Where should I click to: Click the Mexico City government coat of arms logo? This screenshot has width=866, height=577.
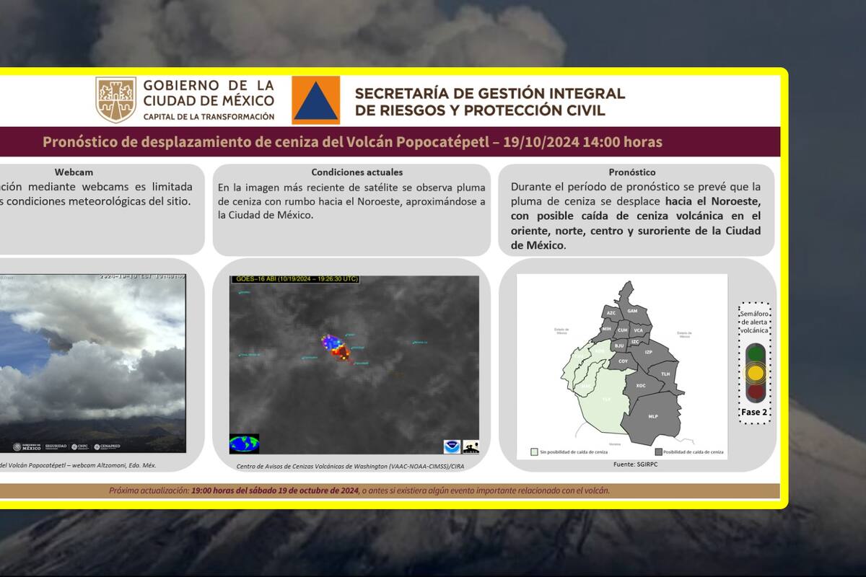(x=115, y=100)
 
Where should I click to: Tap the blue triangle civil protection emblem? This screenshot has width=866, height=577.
(x=315, y=100)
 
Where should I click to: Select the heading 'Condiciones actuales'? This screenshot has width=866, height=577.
(x=357, y=172)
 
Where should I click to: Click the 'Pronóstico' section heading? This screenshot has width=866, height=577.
(x=632, y=172)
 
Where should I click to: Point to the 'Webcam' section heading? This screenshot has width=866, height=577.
(x=74, y=172)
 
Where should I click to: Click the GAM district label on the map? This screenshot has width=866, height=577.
(x=632, y=310)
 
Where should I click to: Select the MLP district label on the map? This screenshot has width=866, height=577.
(x=652, y=416)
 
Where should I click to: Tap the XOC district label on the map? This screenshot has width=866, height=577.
(x=640, y=386)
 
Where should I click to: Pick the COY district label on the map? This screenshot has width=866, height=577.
(x=623, y=361)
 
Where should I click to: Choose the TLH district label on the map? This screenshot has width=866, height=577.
(x=665, y=374)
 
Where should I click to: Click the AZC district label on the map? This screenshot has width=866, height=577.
(x=611, y=313)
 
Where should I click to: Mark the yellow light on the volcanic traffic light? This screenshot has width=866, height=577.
(x=755, y=373)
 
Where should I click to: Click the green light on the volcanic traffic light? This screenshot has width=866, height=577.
(x=755, y=353)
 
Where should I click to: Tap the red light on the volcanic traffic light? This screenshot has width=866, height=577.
(x=755, y=392)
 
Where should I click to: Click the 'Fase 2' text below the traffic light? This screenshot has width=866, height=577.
(x=754, y=412)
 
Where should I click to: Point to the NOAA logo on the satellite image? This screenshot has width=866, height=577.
(x=452, y=446)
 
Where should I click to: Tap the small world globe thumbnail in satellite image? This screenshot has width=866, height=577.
(x=244, y=443)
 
